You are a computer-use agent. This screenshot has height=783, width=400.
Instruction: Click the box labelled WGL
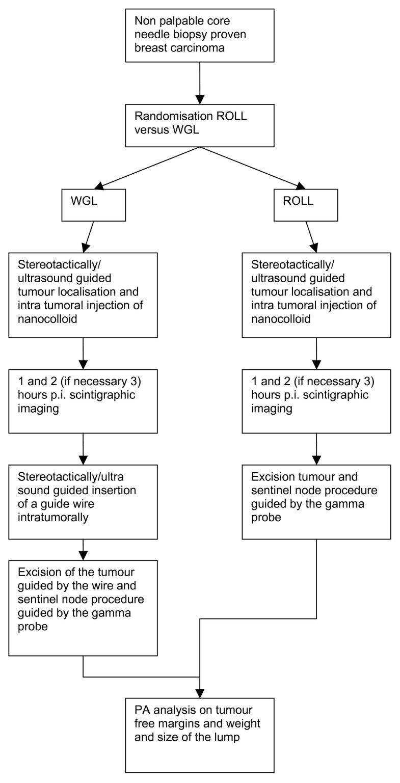click(x=93, y=205)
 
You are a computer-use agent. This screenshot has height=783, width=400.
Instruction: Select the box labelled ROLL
click(x=305, y=205)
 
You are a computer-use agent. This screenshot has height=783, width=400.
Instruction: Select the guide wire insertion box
click(x=83, y=501)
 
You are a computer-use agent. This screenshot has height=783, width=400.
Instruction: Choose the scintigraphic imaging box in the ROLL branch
click(x=316, y=401)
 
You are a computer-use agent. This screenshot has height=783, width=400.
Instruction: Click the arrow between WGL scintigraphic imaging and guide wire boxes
click(x=83, y=449)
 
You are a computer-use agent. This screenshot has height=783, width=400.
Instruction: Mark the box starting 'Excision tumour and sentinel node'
click(x=316, y=501)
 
